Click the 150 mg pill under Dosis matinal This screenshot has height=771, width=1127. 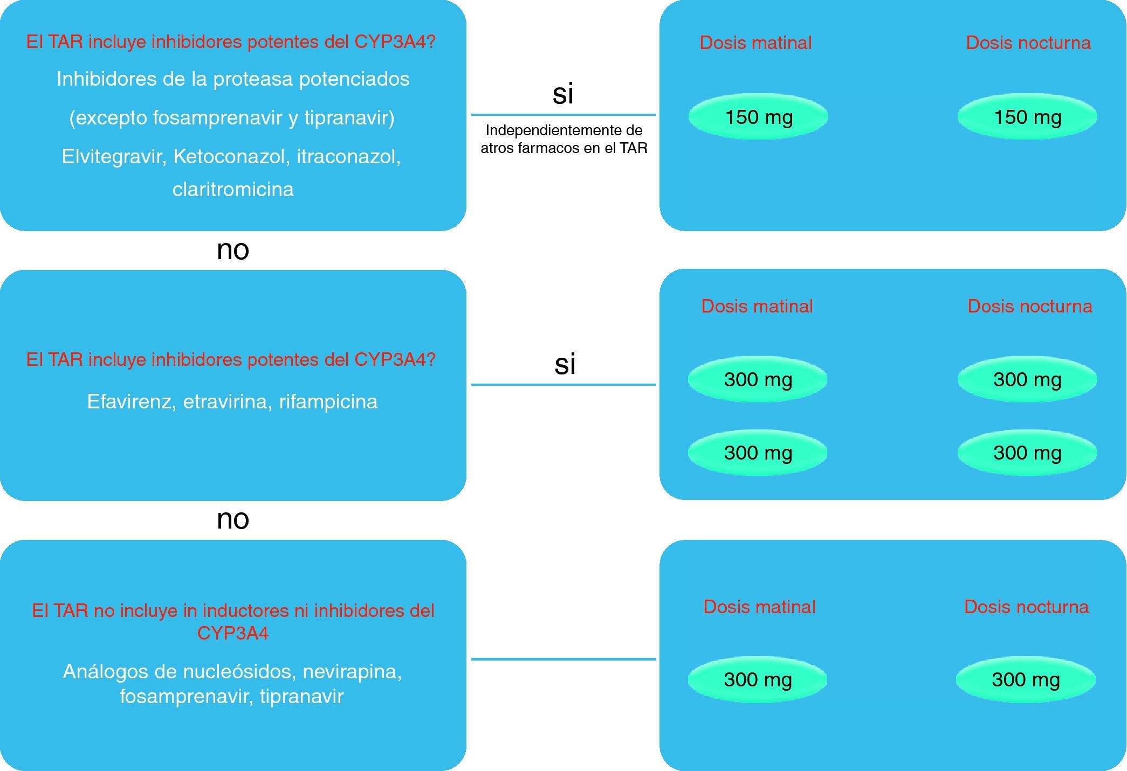pos(758,117)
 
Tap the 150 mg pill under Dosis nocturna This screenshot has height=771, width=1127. pos(1027,117)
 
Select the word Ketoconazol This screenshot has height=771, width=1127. pos(230,156)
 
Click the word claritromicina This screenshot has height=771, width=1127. pos(233,189)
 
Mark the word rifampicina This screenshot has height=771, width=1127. pos(328,401)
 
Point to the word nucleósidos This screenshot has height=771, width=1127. pos(239,672)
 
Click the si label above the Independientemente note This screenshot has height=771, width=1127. pos(562,94)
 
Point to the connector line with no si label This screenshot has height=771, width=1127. pos(563,658)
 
